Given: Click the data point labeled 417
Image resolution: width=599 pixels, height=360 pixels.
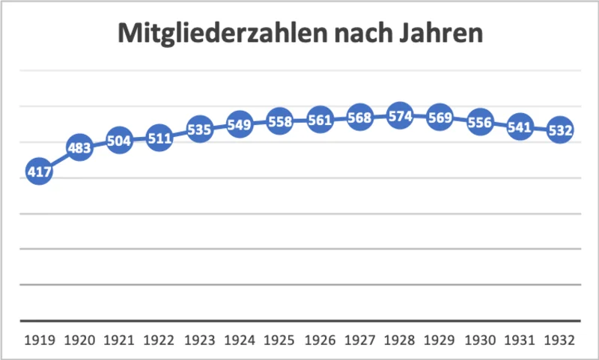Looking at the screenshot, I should tap(39, 172).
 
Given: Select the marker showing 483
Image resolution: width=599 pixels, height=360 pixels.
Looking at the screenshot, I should tap(79, 148).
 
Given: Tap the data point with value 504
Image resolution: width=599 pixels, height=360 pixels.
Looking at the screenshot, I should tap(119, 141).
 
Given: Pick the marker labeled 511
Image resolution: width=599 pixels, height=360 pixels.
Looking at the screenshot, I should tap(159, 138).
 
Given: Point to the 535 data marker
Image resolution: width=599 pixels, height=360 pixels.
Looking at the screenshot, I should tap(200, 129).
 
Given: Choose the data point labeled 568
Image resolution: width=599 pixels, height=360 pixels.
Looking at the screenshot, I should tap(359, 118).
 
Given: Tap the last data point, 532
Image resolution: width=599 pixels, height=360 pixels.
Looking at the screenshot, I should tap(560, 130).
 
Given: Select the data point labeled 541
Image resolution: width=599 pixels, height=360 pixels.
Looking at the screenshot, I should tap(520, 127).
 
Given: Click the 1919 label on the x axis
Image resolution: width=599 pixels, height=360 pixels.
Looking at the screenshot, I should tap(39, 339).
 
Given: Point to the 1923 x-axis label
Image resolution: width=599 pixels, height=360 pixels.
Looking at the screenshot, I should tap(200, 339).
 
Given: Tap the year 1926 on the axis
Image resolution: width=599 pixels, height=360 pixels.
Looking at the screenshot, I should tap(320, 339).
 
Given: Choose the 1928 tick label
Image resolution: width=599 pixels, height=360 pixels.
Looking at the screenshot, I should tap(400, 339).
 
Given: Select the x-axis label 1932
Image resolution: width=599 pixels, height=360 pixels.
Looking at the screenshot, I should tap(560, 339).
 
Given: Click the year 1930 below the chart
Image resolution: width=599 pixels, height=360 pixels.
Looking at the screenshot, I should tap(480, 339).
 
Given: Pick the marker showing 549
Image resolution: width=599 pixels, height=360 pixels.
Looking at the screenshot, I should tap(240, 124).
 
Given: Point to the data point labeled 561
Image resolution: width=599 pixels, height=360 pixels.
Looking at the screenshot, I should tap(320, 120).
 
